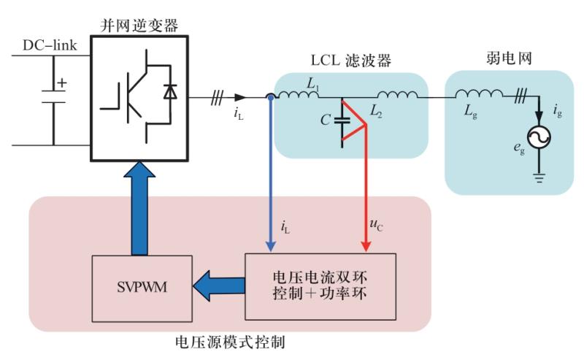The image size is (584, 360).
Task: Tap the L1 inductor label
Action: coord(313,87)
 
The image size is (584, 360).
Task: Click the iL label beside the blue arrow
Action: coord(285,225)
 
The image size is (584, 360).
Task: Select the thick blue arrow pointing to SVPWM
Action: coord(219,286)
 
